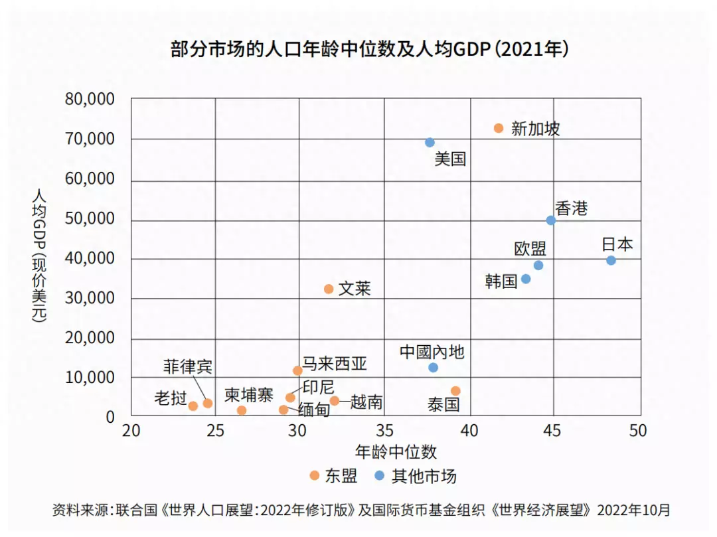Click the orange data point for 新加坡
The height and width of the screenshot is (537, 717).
point(499,128)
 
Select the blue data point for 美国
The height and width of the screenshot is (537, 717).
point(430,143)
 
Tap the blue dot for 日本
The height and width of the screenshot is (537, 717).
point(611,260)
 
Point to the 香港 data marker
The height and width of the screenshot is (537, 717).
point(550,220)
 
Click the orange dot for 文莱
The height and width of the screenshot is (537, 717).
point(329,289)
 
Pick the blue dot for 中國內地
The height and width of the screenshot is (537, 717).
point(433,367)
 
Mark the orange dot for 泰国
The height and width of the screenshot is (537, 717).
point(455,391)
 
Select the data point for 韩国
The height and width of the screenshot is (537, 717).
point(526,279)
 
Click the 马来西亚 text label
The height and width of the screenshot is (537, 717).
point(335,364)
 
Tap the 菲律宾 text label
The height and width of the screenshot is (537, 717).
point(188,367)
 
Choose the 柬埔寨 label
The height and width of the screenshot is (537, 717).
point(248,396)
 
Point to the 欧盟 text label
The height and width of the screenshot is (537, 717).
point(530,249)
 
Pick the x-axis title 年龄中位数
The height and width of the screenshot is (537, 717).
point(396,452)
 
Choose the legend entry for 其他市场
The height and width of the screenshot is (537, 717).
point(416,475)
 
